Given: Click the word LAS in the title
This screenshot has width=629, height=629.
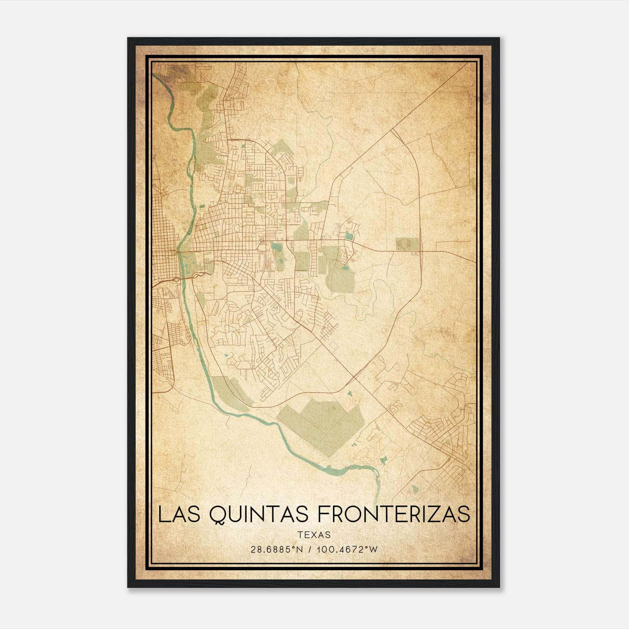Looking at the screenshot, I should coord(180,515).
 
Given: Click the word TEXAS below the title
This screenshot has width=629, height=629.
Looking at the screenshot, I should coord(314,535).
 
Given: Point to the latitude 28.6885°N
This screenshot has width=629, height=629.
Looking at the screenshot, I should coord(276,550).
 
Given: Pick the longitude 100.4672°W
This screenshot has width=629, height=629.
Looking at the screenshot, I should coord(346,550).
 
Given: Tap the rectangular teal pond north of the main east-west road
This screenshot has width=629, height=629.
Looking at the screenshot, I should coord(349,236).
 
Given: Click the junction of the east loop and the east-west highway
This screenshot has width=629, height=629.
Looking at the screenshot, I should coord(421,251).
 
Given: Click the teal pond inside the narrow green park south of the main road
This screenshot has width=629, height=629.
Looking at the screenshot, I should coord(276,247).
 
